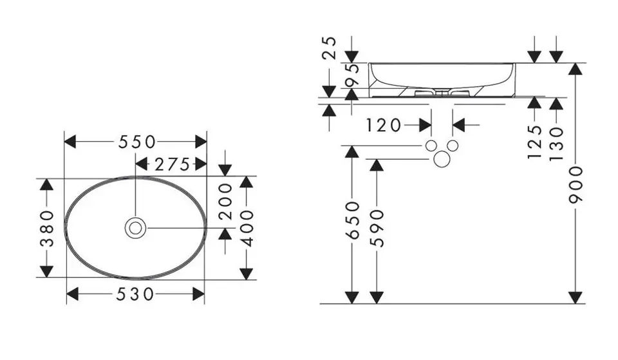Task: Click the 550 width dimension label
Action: [x=136, y=142]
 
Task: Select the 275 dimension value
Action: [x=173, y=164]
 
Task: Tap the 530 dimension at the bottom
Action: [x=135, y=294]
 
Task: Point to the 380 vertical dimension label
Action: [x=47, y=229]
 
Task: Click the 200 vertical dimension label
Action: [x=226, y=202]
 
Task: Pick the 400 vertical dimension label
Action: [x=247, y=228]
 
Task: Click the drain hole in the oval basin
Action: [x=135, y=228]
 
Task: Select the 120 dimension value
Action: [x=384, y=126]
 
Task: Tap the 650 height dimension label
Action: [x=352, y=220]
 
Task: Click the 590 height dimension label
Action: [x=377, y=229]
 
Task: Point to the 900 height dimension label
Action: [x=576, y=185]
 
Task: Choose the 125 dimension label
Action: [x=535, y=142]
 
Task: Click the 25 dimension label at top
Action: [x=330, y=48]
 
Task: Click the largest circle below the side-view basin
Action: [x=442, y=159]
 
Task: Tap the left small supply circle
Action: [x=431, y=146]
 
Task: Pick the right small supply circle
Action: [x=453, y=146]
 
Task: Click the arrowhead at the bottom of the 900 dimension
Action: [x=576, y=298]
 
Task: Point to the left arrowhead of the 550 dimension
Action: [x=70, y=142]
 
